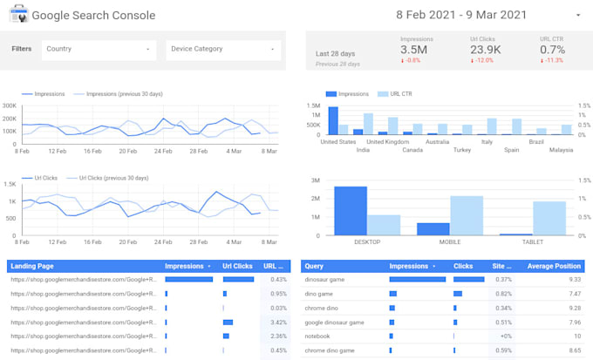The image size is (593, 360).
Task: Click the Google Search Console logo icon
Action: (x=19, y=15)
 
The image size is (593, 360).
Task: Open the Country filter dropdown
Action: (x=99, y=50)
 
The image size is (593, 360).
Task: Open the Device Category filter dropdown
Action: (x=223, y=50)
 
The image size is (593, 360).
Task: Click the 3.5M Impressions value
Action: (x=414, y=51)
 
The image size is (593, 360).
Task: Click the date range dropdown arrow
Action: (x=577, y=16)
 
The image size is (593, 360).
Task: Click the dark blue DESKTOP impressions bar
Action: (x=350, y=211)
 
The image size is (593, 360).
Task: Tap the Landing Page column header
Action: (x=31, y=266)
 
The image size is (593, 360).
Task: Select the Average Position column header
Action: (x=554, y=266)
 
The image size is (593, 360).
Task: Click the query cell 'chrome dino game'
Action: (x=331, y=350)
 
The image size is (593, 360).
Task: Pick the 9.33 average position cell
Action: (x=573, y=279)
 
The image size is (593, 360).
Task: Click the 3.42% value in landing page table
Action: (x=278, y=322)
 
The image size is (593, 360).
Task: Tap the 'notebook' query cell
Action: (x=317, y=336)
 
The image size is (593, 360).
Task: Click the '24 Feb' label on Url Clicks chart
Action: (x=162, y=241)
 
